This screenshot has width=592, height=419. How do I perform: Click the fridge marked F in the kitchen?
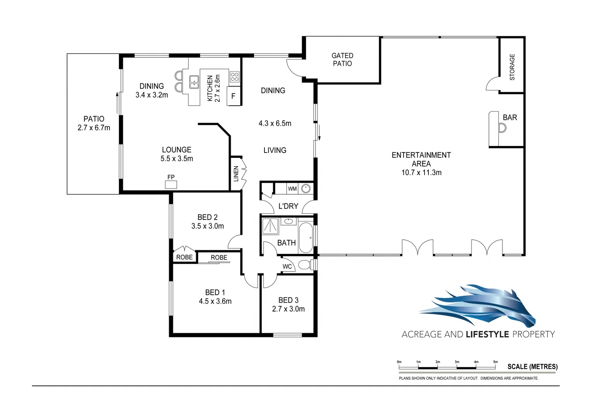coord(233,96)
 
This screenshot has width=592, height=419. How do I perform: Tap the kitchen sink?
coord(194,82)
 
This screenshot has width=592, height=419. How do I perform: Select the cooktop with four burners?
coord(235,76)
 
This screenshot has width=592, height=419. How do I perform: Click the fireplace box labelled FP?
coord(171,185)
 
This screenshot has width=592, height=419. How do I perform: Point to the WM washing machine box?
coord(292,189)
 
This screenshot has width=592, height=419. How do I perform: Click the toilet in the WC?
coord(305,265)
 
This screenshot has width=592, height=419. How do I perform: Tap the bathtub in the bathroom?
coord(306,237)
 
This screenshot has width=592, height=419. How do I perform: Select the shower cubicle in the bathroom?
coord(270,226)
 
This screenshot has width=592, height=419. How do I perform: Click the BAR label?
coord(510,117)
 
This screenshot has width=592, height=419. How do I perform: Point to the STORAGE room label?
coord(512,67)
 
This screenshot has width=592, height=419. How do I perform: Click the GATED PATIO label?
coord(342,60)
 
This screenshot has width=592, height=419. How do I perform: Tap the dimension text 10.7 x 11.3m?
coord(421,173)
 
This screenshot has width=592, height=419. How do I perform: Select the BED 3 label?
coord(288,300)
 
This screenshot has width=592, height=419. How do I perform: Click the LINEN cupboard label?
coord(236,174)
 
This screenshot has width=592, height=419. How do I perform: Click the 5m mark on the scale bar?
coord(495,366)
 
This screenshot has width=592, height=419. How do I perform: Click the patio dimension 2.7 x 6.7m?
coord(94,128)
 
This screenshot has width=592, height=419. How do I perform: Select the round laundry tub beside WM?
coord(306,189)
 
